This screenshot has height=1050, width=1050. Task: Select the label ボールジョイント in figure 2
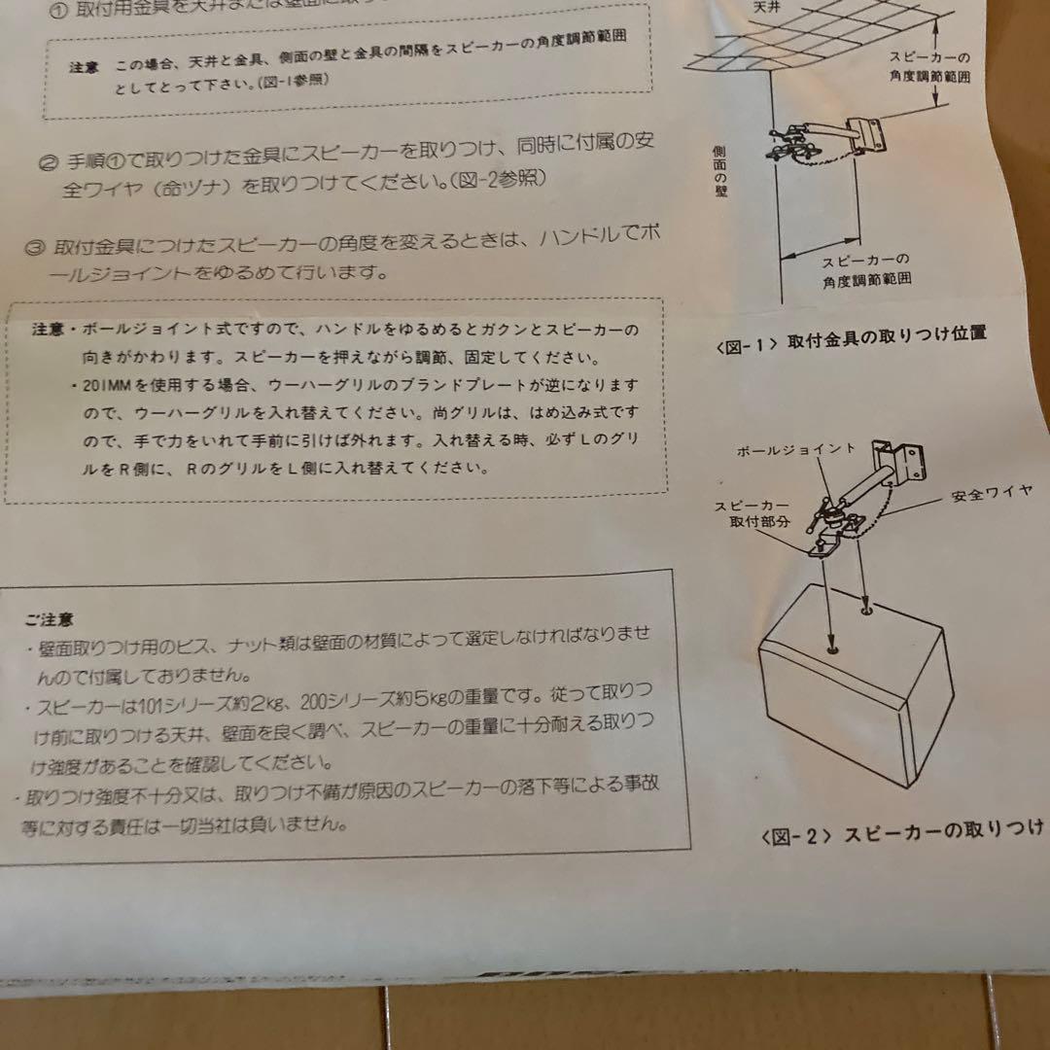point(795,450)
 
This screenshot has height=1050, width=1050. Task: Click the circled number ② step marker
point(45,162)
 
